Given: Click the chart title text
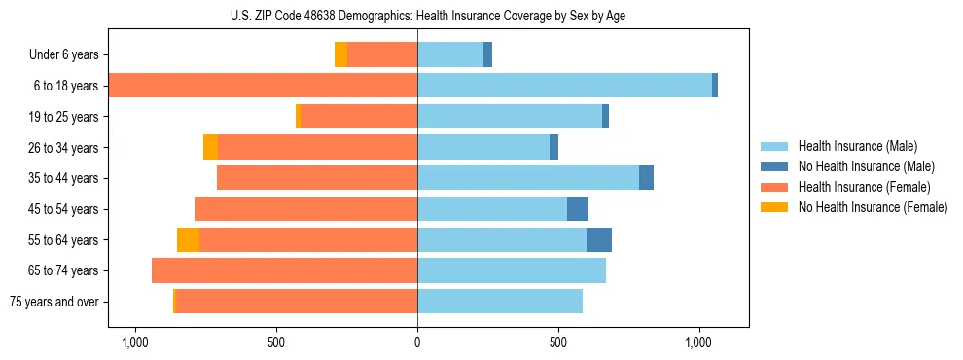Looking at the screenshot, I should point(428,16).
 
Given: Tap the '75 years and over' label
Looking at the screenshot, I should point(54,302).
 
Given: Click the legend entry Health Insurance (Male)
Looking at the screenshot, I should point(857,146).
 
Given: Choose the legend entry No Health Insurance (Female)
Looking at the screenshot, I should point(873,207).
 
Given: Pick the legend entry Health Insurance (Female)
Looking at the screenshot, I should point(865,187).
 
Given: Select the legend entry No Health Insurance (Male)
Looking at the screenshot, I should point(866,166).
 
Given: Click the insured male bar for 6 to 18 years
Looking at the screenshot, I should point(564,86).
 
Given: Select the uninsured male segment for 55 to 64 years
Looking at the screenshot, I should point(599,239).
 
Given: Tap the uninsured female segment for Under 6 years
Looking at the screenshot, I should point(340,55).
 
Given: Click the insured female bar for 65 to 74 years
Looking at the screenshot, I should point(284,270).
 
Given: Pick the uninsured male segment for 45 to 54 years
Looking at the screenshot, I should point(578,209).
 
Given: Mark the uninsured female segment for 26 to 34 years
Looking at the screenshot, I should point(210,147).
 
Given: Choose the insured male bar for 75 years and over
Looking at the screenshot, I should point(500,302).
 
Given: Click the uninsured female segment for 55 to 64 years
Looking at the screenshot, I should point(188,239).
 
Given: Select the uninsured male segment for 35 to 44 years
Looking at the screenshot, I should point(646,178).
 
